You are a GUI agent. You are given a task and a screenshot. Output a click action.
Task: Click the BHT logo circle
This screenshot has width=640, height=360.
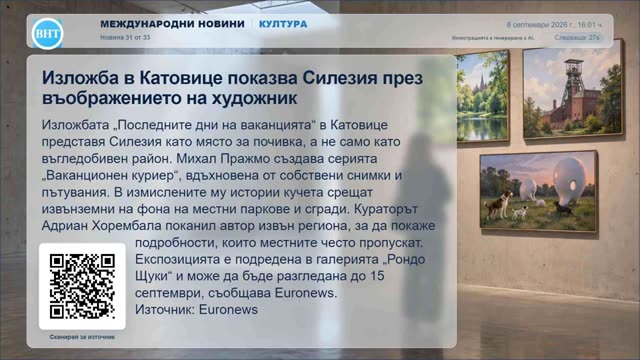48,33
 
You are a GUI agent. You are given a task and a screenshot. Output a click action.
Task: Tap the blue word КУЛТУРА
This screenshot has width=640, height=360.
283,24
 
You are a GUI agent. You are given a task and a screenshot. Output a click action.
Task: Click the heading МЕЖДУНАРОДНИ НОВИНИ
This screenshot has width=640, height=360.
172,24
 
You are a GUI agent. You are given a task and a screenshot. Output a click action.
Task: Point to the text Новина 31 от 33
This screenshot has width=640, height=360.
125,37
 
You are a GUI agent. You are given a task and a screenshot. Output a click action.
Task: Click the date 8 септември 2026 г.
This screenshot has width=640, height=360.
540,25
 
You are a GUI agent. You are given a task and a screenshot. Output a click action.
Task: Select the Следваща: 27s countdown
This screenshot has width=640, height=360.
577,38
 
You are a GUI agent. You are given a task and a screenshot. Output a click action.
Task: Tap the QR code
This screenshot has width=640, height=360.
82,286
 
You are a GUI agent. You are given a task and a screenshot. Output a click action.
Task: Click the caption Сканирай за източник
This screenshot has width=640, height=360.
82,337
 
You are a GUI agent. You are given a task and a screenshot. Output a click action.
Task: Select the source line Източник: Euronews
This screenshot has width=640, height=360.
196,309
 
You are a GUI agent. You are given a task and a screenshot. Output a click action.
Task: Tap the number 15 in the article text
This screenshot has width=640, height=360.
378,276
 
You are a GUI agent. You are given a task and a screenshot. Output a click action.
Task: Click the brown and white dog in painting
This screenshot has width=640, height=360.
498,202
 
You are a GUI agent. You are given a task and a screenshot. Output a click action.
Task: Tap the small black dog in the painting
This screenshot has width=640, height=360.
563,209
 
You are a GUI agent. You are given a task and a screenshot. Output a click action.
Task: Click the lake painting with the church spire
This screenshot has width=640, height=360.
483,96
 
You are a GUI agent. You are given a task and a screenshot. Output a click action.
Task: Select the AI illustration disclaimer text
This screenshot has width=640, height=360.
493,38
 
